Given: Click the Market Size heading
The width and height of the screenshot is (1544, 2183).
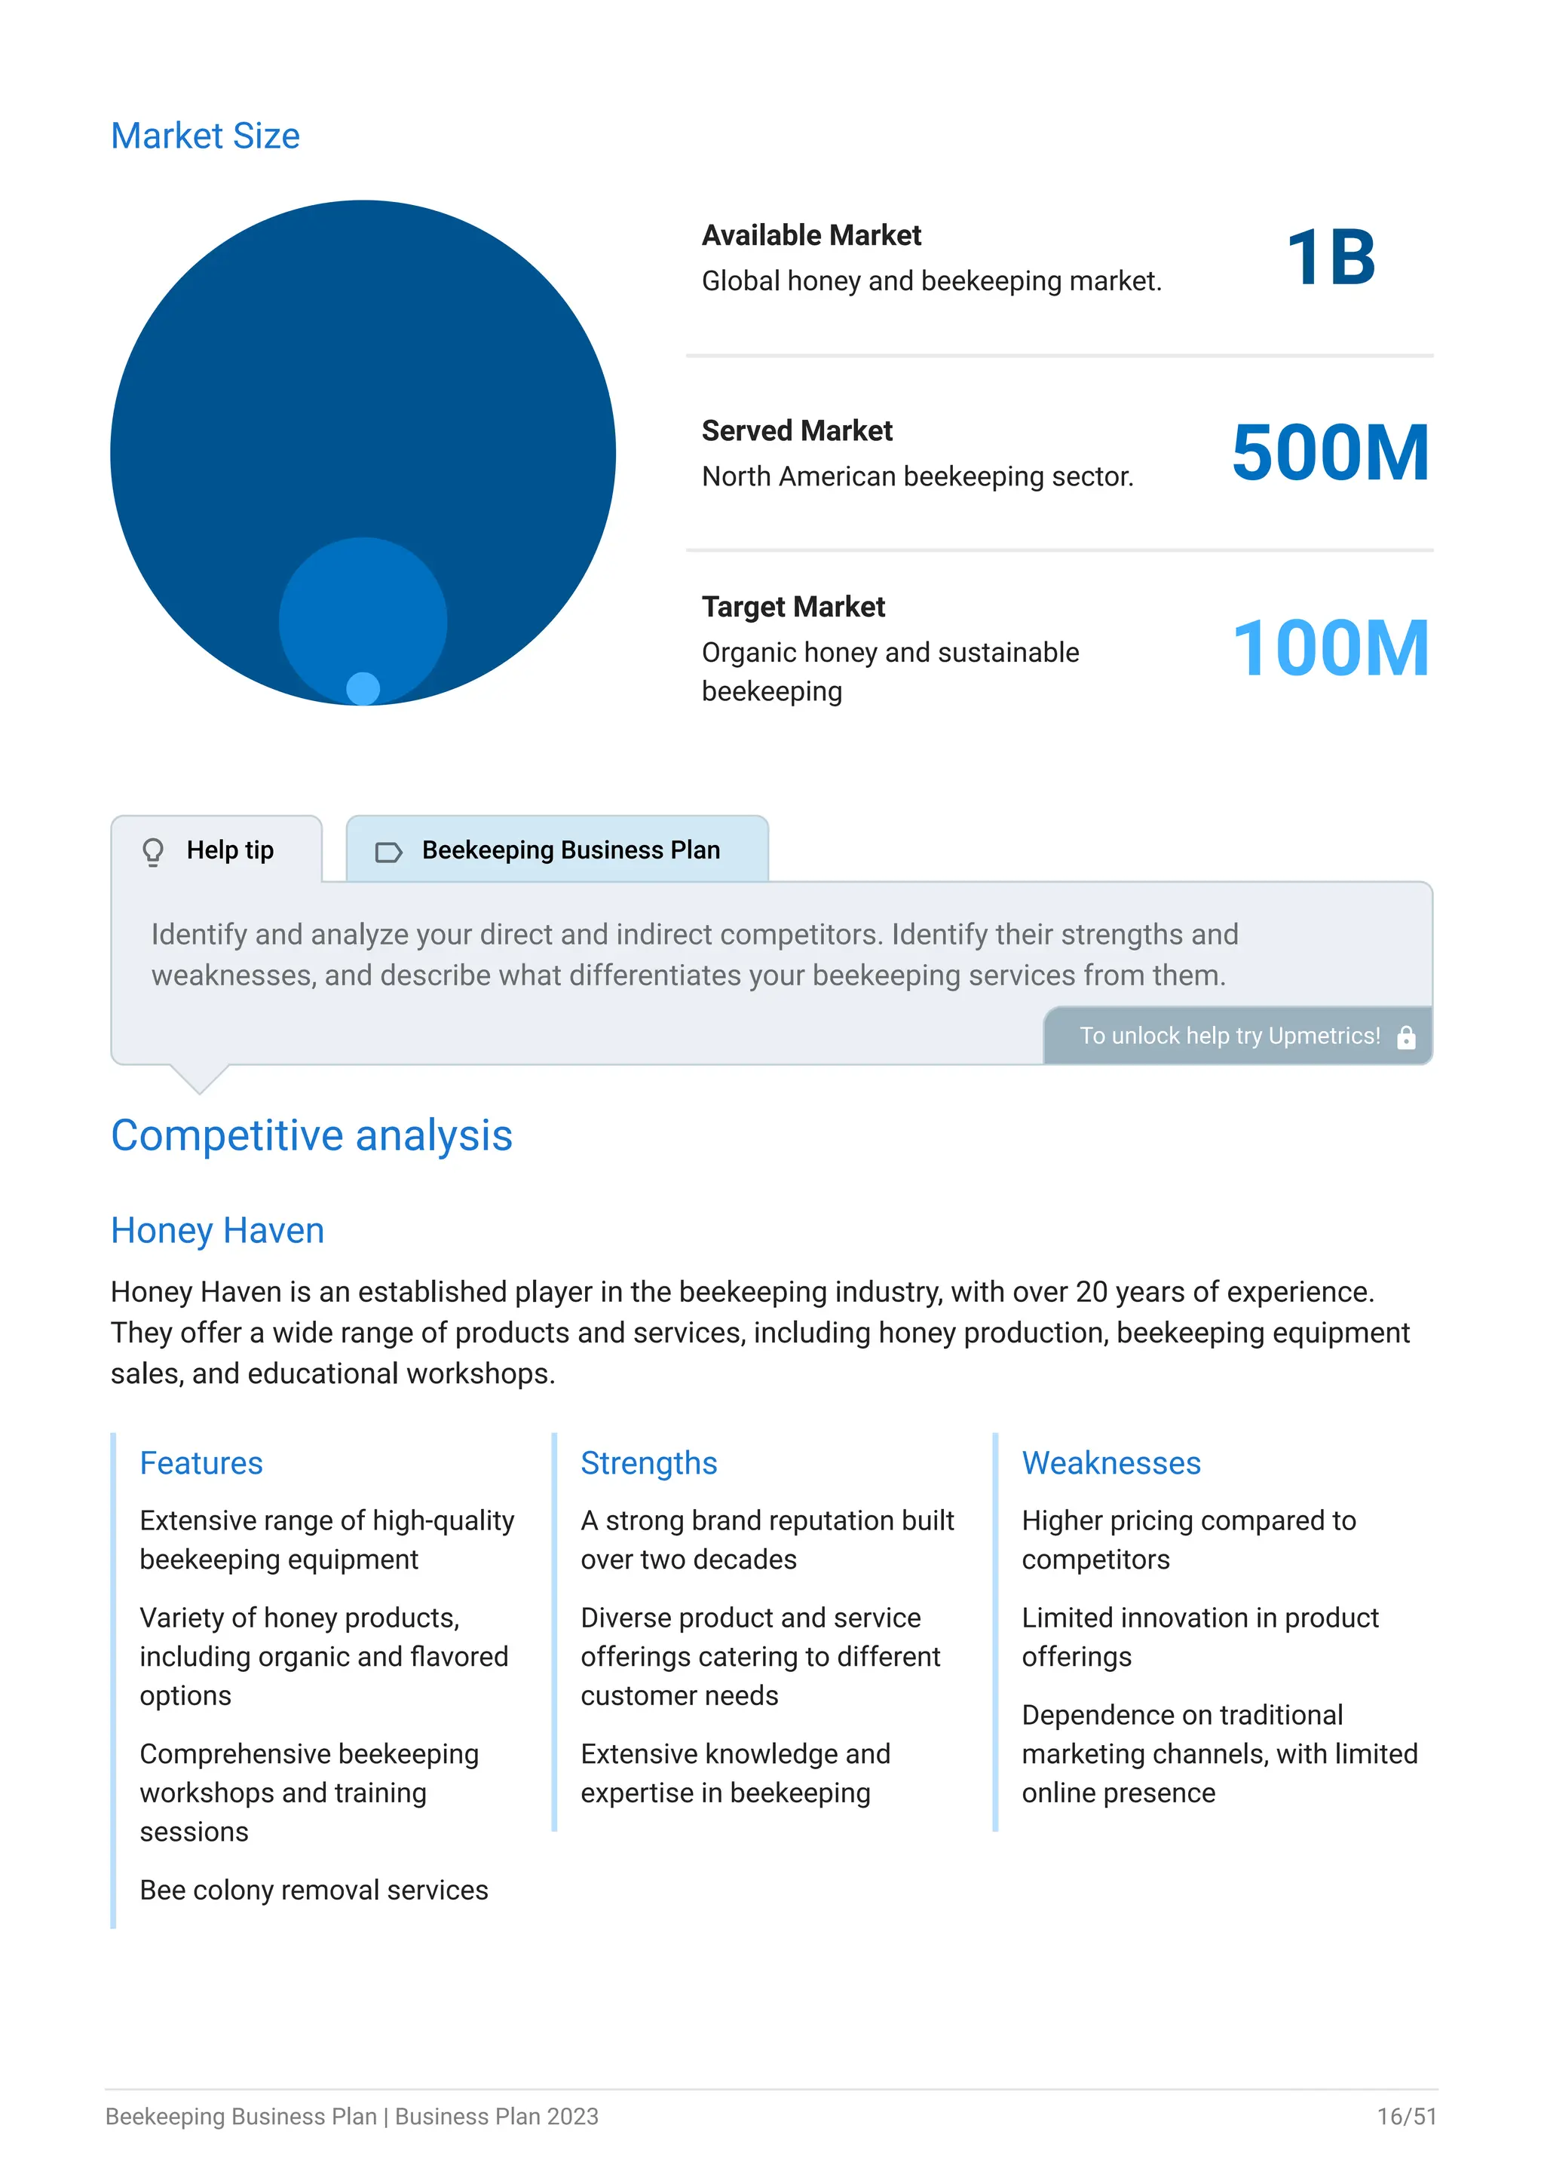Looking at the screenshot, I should [205, 136].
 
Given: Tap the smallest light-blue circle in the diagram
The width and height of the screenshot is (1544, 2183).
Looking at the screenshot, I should [363, 688].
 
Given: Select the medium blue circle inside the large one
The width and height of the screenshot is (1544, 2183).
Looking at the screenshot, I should [363, 608].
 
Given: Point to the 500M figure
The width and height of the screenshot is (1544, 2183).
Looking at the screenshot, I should [1330, 454].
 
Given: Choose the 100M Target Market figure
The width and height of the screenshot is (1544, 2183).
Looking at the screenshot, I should [1330, 648].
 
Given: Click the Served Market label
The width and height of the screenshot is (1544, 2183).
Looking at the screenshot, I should [797, 430].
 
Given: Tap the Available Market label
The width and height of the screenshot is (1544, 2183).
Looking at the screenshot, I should [811, 235].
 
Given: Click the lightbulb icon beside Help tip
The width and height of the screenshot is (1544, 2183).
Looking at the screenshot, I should [153, 851].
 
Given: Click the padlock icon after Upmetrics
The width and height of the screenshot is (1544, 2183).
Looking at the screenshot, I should [1406, 1037].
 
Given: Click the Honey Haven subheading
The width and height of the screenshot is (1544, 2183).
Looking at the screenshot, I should [217, 1230].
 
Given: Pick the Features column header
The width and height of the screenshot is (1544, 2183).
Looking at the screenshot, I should [201, 1463].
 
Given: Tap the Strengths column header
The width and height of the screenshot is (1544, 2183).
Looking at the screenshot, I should [648, 1463].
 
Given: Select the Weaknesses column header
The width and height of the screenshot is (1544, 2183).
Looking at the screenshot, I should [1111, 1463].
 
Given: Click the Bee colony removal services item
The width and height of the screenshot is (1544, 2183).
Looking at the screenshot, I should [314, 1891].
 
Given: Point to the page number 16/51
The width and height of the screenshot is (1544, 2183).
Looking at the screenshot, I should [1406, 2117].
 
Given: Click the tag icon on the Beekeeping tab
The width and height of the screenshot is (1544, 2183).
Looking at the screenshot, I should [389, 852].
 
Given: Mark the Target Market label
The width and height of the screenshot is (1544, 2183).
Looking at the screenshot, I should [793, 607].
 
